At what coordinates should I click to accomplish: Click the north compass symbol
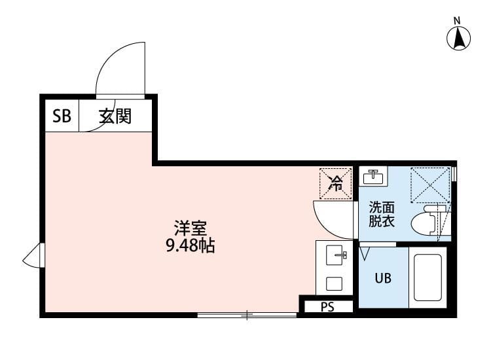tap(460, 37)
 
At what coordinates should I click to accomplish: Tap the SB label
tap(62, 117)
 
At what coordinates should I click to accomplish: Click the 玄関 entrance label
tap(115, 117)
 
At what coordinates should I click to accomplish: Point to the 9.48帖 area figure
tap(191, 247)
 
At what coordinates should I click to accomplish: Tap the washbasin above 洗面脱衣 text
tap(374, 175)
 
